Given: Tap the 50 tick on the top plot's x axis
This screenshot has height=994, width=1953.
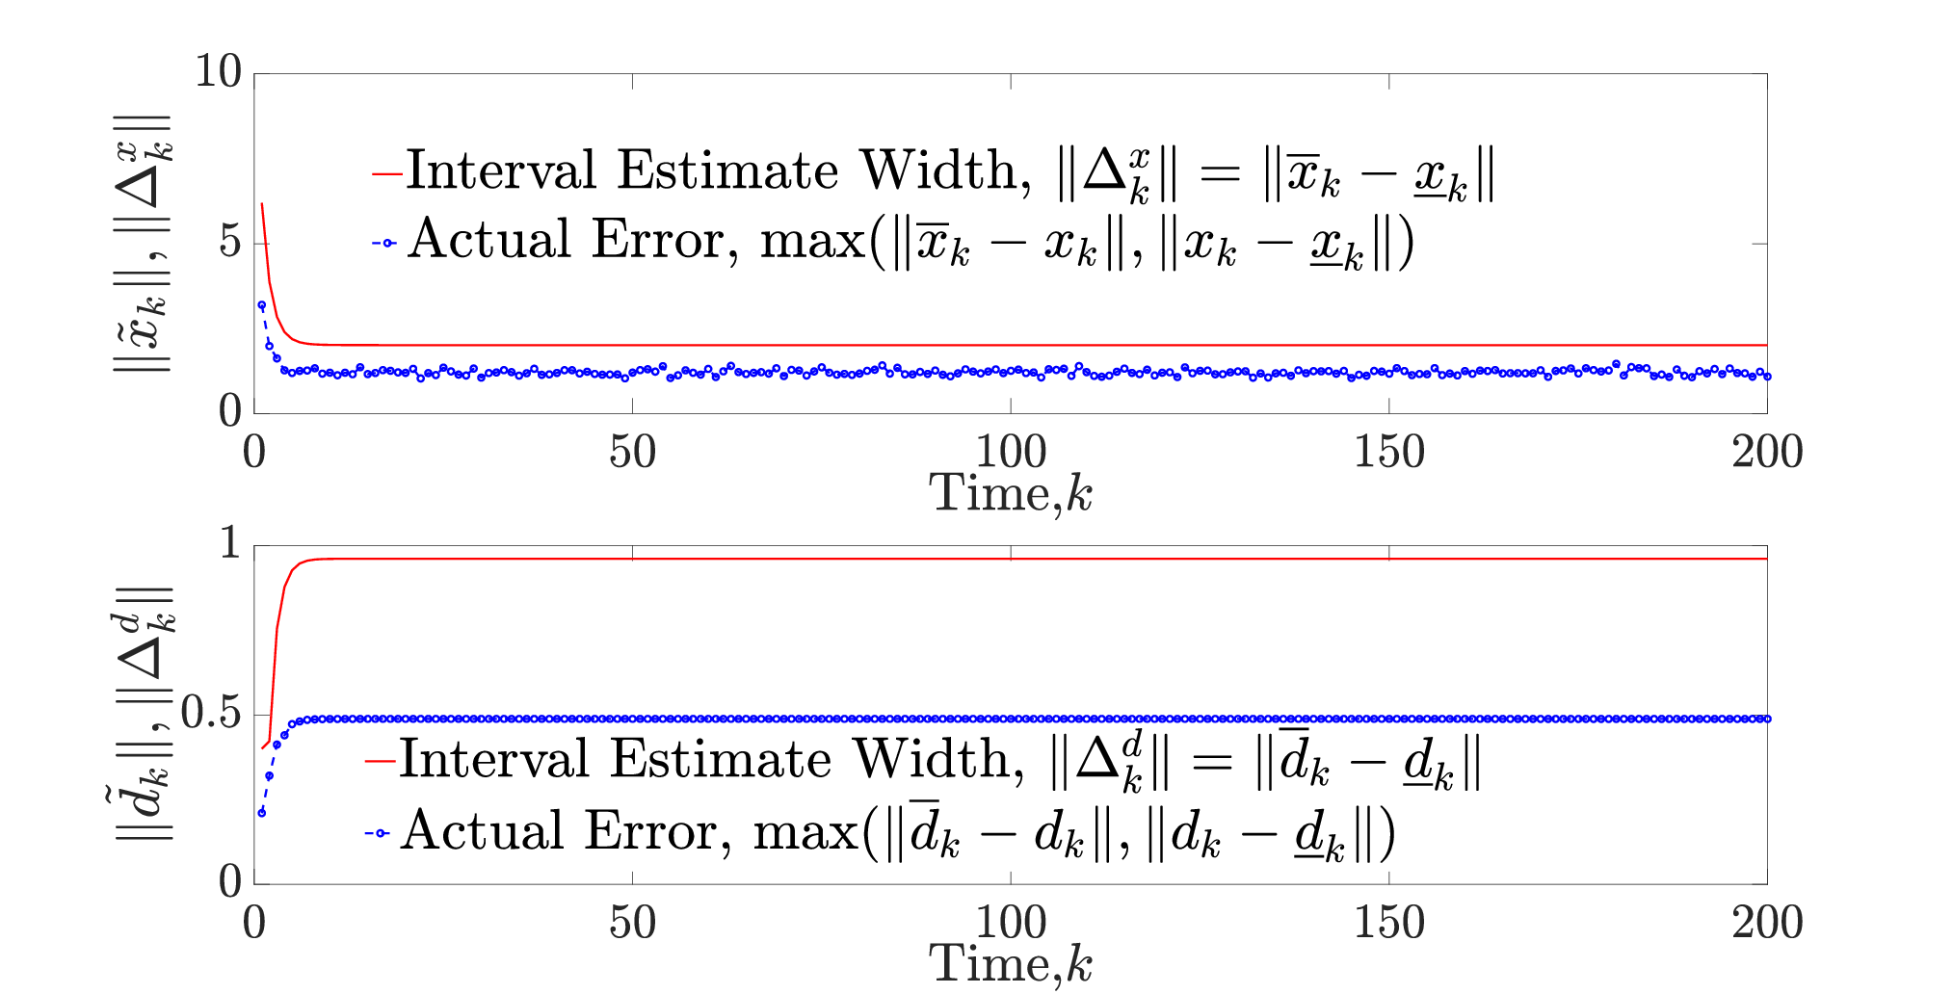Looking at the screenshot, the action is [x=632, y=452].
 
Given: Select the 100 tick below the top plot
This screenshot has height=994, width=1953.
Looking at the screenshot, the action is [x=1011, y=452].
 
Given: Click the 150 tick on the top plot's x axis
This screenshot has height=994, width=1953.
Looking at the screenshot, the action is [x=1388, y=452].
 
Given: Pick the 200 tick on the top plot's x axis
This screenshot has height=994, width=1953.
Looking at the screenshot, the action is [x=1767, y=452].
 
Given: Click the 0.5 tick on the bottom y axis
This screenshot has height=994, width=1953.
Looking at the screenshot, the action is [x=211, y=713].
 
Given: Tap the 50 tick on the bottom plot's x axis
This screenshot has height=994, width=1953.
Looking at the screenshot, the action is [x=632, y=923].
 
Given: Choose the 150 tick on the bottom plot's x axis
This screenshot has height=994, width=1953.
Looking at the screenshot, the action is [x=1388, y=923].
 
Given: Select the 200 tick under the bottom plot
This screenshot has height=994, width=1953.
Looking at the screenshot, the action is [x=1767, y=923].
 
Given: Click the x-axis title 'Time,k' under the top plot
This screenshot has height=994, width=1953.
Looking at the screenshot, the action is [x=1011, y=494].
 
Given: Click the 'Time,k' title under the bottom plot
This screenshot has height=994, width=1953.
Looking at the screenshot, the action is [x=1011, y=964].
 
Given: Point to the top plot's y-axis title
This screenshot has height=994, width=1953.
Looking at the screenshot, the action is [x=143, y=243].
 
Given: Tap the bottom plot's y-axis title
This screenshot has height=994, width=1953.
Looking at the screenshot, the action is [x=143, y=714].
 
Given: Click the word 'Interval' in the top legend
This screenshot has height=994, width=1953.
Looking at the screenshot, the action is [x=501, y=170].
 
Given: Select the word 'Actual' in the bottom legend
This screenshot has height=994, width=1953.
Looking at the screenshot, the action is [x=483, y=830].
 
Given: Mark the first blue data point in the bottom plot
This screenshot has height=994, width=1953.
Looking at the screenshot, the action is [x=262, y=813].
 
